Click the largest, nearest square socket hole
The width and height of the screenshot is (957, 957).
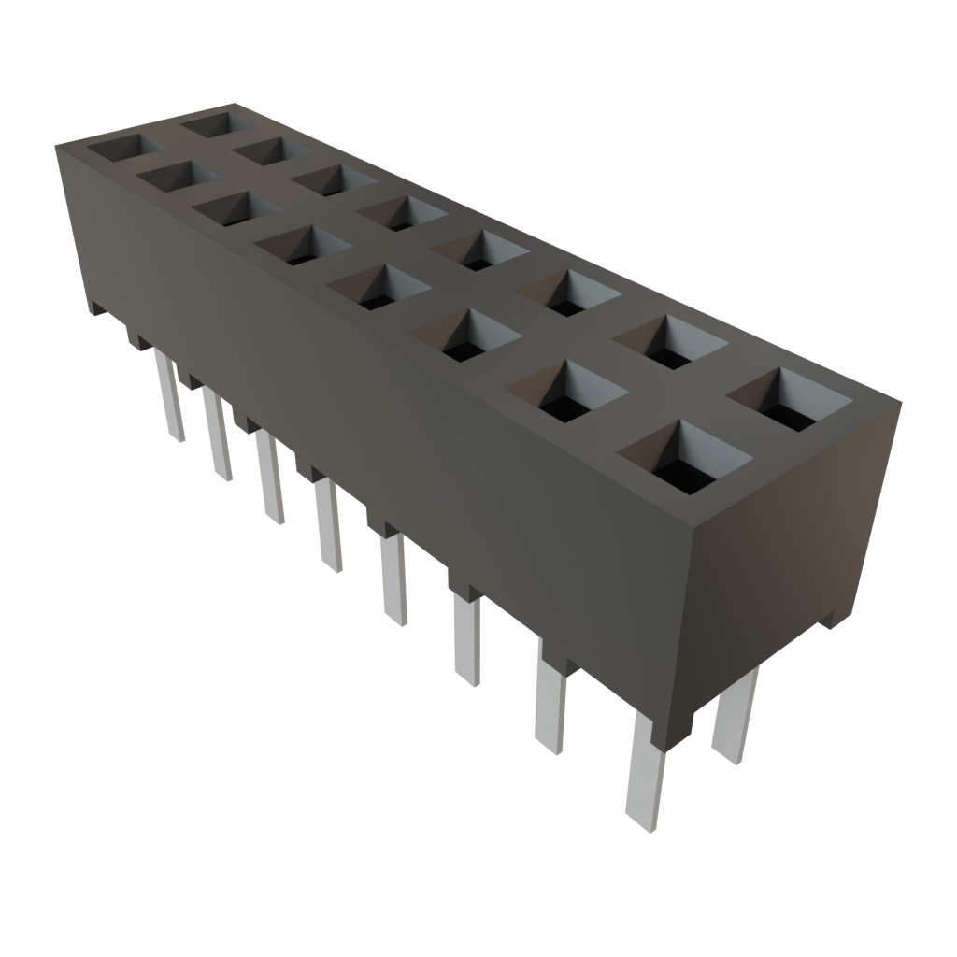(x=685, y=458)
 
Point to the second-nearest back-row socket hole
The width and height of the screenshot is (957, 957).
(x=669, y=341)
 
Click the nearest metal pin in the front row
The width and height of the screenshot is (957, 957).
(x=645, y=771)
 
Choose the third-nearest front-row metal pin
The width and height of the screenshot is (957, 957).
(x=467, y=640)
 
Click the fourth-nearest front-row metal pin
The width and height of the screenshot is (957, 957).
(x=394, y=579)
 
